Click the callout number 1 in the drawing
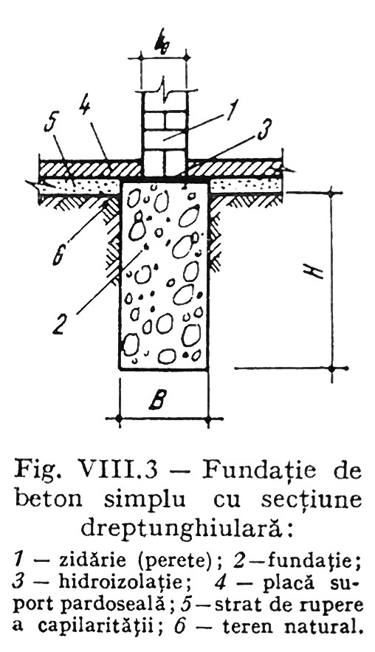(x=231, y=109)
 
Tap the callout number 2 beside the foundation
(x=61, y=323)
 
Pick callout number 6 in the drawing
(x=58, y=254)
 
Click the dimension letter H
(x=317, y=272)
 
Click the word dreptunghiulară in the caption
(x=179, y=527)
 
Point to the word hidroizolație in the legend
(x=121, y=581)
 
